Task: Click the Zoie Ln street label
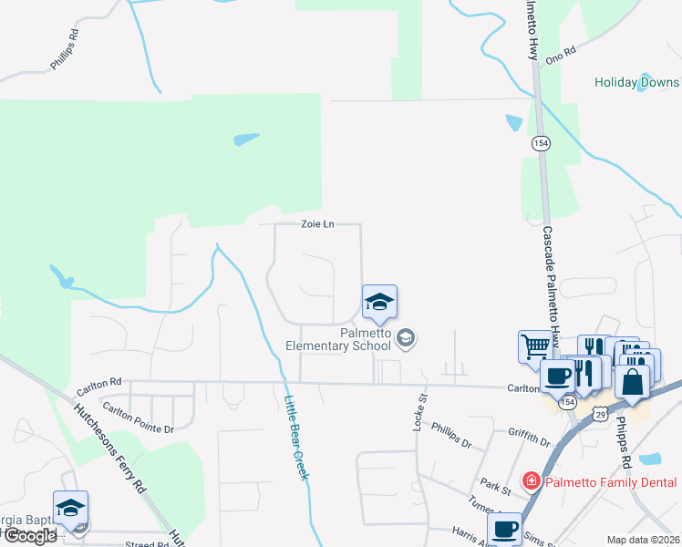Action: [316, 224]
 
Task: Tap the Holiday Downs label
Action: [637, 82]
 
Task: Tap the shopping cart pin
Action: [536, 346]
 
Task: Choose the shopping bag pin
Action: [632, 381]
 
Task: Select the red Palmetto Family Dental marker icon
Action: [529, 480]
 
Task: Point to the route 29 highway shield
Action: [600, 415]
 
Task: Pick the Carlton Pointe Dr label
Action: [137, 417]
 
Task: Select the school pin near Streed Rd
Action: [71, 510]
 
